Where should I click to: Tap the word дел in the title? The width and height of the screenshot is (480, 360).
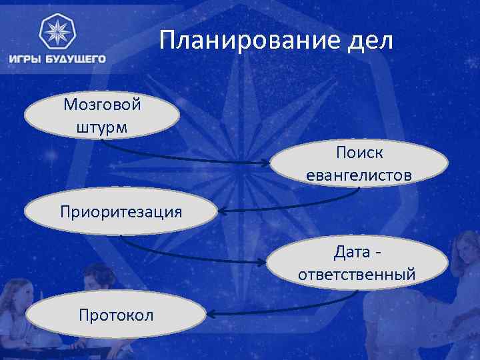click(x=371, y=42)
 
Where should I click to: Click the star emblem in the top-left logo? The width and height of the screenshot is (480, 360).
click(x=57, y=31)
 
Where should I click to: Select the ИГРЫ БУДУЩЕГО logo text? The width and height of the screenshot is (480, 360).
click(x=57, y=59)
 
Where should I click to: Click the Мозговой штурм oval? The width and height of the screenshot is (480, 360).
click(x=102, y=115)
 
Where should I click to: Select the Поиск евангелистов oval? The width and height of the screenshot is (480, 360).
click(x=359, y=163)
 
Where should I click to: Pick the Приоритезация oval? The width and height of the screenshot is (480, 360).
click(x=121, y=212)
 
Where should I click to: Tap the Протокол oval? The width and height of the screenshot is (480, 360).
click(x=115, y=314)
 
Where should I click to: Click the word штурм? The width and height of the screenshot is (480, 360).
click(x=102, y=127)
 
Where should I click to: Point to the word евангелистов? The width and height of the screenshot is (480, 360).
click(x=359, y=175)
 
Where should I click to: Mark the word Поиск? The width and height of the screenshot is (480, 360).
click(x=359, y=153)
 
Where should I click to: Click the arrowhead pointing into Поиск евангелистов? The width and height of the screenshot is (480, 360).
click(x=267, y=163)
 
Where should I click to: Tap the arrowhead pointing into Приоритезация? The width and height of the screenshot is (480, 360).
click(x=222, y=212)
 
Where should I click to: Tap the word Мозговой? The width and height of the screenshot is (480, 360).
click(x=102, y=105)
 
